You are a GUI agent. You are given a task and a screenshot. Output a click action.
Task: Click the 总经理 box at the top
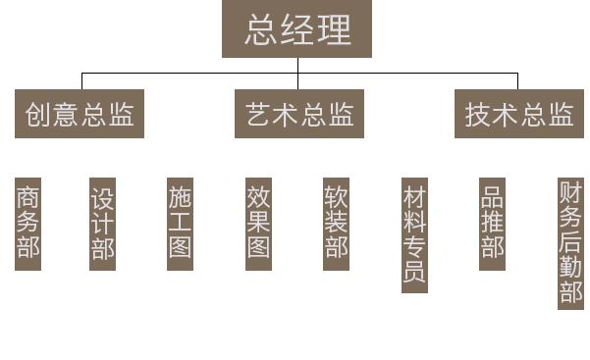click(296, 29)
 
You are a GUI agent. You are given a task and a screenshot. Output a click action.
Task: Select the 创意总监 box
click(80, 114)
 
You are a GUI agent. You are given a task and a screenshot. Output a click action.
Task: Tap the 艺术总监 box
click(296, 114)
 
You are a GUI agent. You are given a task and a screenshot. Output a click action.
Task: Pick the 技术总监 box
click(519, 114)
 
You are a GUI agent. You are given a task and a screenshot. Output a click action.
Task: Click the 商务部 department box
click(28, 224)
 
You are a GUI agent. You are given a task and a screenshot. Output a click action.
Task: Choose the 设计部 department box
click(102, 224)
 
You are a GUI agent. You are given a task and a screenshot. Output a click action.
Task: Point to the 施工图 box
click(180, 224)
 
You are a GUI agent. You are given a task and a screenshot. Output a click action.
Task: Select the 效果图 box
click(258, 224)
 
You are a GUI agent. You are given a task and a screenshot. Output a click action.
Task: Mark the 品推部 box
click(493, 224)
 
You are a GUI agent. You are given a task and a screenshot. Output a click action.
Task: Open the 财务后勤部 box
click(570, 242)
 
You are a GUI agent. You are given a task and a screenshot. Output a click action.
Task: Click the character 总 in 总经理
click(257, 29)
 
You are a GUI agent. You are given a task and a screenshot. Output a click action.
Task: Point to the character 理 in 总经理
click(335, 29)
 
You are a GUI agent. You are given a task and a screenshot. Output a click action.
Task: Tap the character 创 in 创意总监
click(36, 114)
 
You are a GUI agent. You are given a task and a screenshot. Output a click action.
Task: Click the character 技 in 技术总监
click(478, 114)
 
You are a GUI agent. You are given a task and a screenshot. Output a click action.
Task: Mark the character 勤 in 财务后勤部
click(570, 268)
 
